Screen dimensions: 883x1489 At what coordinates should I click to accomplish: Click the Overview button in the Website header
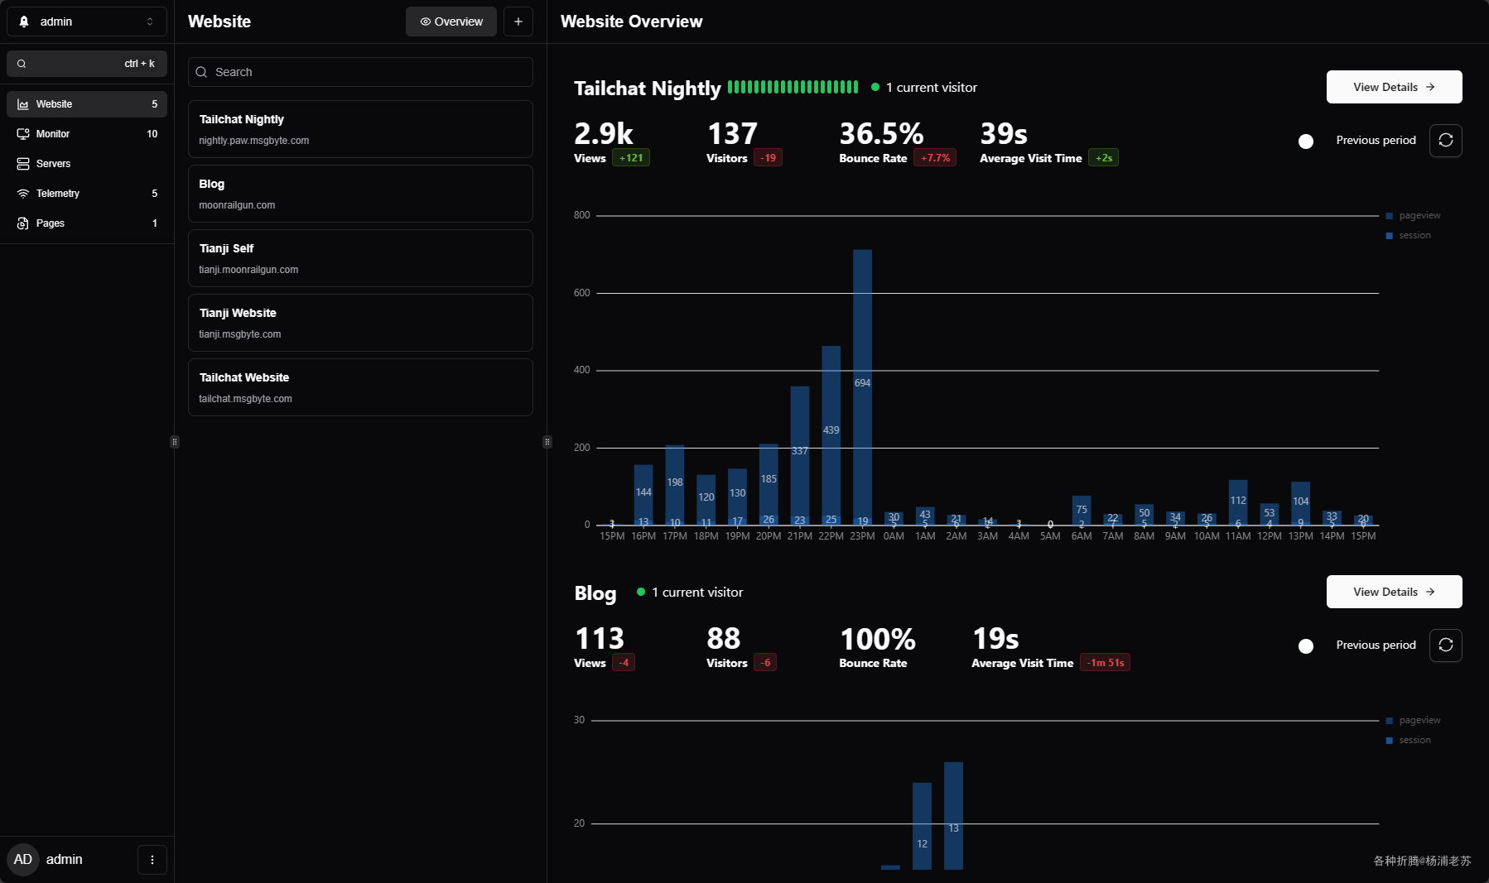point(451,22)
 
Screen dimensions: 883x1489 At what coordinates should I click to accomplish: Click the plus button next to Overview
point(518,22)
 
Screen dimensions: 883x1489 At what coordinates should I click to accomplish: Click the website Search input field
point(360,72)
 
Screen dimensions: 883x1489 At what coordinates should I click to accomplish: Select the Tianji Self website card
point(360,258)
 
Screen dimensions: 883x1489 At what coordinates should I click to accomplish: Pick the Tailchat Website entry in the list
point(360,387)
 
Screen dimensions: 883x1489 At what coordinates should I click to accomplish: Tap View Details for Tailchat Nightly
point(1394,87)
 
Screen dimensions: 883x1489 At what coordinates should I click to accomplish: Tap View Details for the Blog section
point(1394,592)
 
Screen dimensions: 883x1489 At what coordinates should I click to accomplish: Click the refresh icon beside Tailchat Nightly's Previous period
point(1446,141)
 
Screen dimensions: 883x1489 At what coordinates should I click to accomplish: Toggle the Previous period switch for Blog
point(1306,645)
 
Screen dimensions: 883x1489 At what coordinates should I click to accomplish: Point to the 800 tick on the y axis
point(581,215)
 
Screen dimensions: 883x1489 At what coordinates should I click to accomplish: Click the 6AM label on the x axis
point(1082,536)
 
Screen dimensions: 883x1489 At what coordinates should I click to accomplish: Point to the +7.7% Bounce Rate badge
point(935,158)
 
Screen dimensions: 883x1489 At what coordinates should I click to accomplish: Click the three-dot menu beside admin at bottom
point(152,860)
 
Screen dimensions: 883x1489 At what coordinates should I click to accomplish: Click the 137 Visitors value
point(732,134)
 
